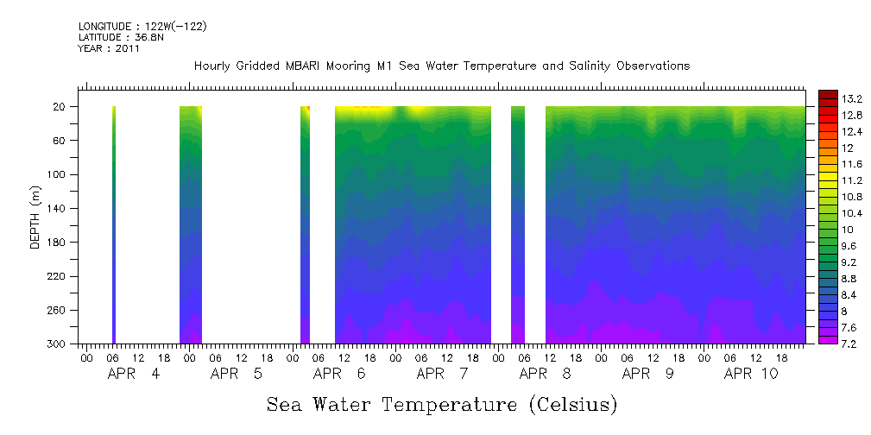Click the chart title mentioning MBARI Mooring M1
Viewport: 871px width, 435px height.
coord(441,66)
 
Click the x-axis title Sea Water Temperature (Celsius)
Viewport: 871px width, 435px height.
coord(442,404)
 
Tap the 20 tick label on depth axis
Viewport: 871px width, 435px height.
coord(60,107)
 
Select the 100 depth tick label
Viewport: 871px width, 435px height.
coord(58,174)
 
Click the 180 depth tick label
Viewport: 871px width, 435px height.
coord(58,243)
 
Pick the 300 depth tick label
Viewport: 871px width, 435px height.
coord(58,344)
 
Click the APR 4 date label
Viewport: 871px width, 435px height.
coord(133,374)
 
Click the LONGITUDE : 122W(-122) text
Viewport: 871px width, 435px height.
coord(142,27)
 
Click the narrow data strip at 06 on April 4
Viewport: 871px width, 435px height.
coord(114,224)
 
